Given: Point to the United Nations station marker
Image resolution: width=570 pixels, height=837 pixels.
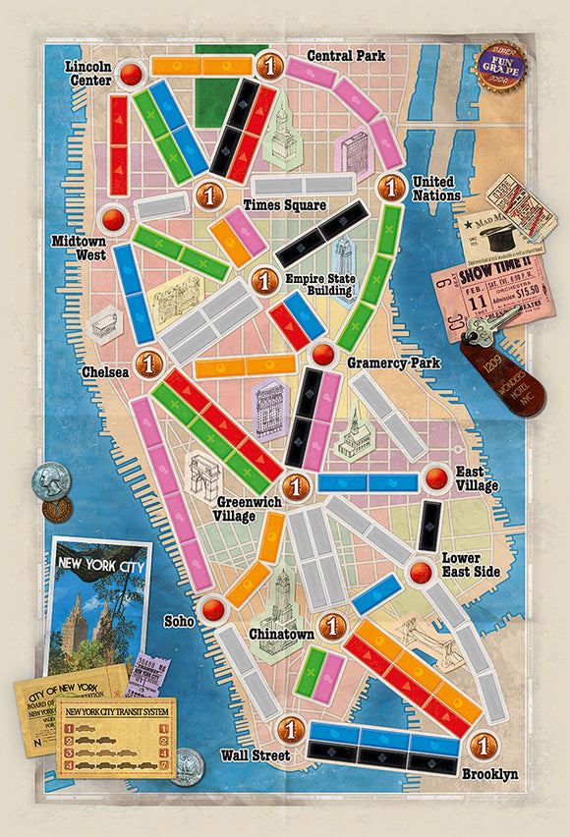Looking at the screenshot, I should [x=391, y=186].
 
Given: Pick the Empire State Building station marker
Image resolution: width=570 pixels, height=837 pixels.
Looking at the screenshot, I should [x=261, y=282].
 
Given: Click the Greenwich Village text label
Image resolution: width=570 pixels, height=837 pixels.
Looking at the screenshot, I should [x=249, y=509].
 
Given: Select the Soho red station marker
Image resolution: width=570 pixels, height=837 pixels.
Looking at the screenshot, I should [x=209, y=610].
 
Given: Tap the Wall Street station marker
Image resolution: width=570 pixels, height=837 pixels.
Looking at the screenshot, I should [x=289, y=729].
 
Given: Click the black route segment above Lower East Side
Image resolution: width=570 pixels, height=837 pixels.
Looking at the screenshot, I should [x=429, y=526].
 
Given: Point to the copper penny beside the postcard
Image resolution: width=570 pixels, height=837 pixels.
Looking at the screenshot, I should [x=56, y=509].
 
